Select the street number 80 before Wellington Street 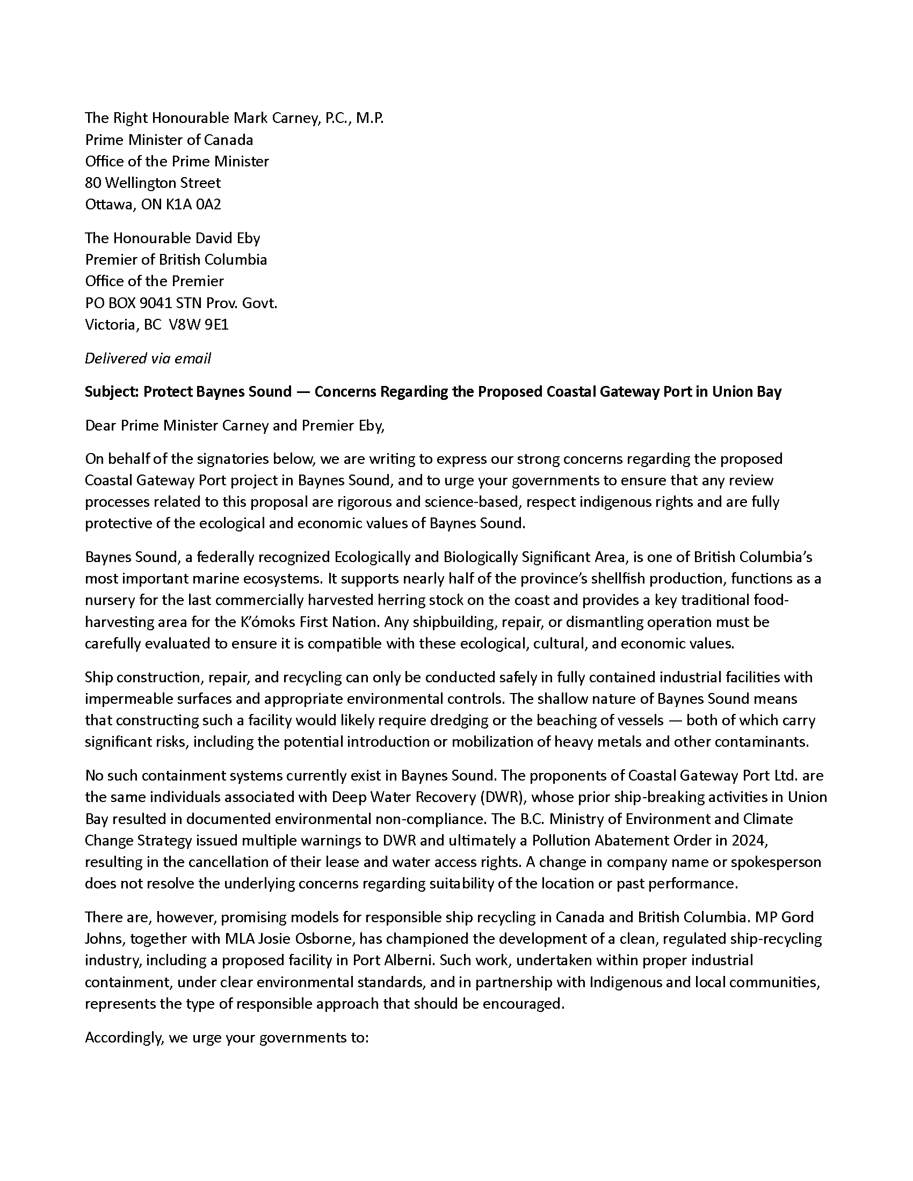(x=93, y=183)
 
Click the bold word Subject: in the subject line (x=112, y=391)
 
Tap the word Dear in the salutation (x=100, y=425)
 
